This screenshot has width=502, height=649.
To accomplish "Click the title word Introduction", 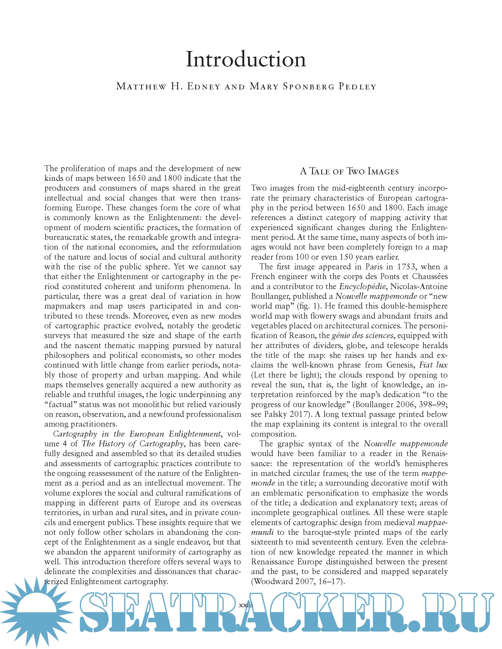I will (246, 59).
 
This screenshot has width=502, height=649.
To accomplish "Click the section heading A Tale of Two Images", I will (349, 171).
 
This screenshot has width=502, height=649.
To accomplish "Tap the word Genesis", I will (400, 365).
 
